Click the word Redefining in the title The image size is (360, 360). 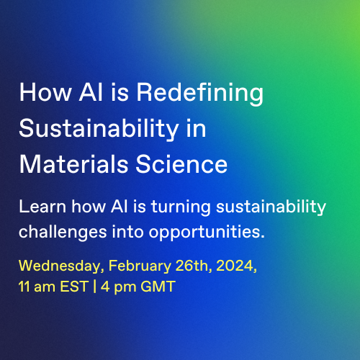click(200, 94)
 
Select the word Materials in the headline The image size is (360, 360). click(73, 164)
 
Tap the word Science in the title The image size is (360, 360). click(181, 164)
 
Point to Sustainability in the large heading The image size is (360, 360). click(99, 130)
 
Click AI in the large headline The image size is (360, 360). click(91, 92)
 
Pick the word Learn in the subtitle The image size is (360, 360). click(42, 207)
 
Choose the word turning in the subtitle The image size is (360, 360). click(181, 207)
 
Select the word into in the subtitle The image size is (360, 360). click(127, 232)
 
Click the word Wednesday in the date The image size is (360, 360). click(61, 266)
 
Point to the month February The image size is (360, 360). click(140, 266)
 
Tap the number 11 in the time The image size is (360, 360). click(24, 287)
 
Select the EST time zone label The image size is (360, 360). click(74, 287)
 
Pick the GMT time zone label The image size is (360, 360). click(158, 287)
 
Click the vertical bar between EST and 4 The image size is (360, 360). click(95, 287)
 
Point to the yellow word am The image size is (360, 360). click(45, 288)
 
